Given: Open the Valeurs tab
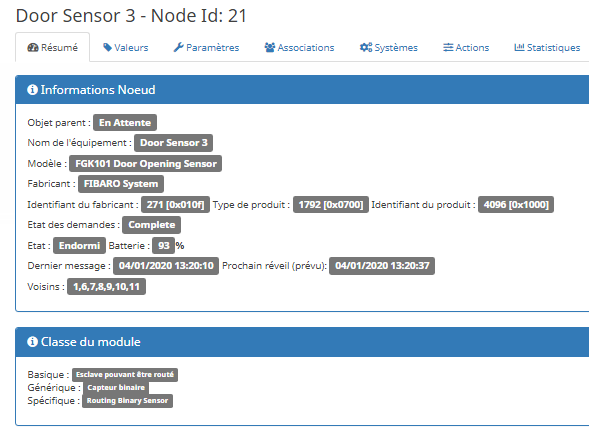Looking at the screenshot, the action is coord(126,48).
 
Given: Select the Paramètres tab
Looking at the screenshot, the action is coord(206,48).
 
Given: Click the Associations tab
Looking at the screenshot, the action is coord(299,48).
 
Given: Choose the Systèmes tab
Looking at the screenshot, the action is coord(389,48).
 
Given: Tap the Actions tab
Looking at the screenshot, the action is coord(466,48).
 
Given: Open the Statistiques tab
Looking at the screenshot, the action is coord(547,48).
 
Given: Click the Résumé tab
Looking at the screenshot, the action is coord(53,48).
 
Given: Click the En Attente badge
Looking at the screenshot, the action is coord(125,123).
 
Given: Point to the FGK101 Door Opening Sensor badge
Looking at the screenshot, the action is coord(146,164).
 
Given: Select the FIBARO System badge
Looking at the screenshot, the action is coord(121,184).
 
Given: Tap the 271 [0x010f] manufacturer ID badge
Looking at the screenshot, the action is coord(175,205).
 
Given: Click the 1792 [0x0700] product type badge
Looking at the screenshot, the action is coord(331,205).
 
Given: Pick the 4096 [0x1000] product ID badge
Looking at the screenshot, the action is coord(516,205).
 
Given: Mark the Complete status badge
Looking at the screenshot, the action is coord(151,225).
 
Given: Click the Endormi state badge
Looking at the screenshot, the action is coord(79,246).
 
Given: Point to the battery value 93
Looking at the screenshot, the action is coord(163,246).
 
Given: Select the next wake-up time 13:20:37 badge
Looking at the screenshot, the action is coord(382,266).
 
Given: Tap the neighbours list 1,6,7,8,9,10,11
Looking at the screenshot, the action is coord(106,287).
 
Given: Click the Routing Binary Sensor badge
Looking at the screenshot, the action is coord(127,401).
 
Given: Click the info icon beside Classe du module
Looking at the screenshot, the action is coord(32,342).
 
